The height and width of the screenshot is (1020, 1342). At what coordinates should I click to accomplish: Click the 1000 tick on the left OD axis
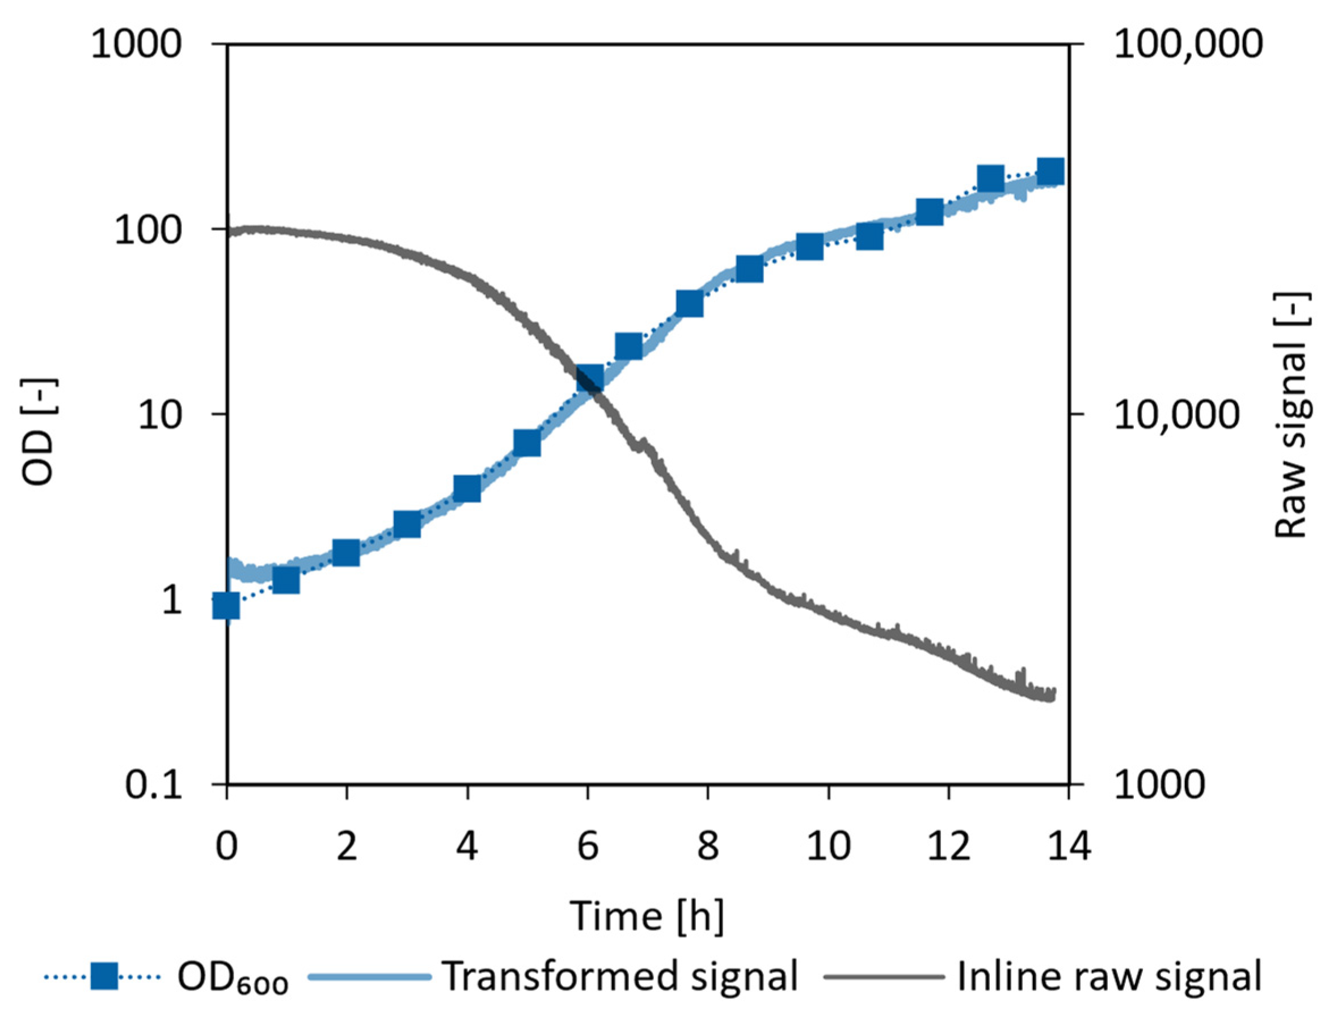[136, 44]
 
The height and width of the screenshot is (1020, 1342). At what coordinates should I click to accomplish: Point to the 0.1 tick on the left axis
[154, 785]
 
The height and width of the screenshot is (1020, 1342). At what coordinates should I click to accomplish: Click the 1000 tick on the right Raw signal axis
[1159, 785]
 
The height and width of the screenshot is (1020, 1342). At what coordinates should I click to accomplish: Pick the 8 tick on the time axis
[708, 846]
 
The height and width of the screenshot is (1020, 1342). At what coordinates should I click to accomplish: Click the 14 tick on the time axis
[1069, 846]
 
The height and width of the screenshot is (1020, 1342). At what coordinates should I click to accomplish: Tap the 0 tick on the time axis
[226, 846]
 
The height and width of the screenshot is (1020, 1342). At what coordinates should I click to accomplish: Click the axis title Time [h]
[647, 916]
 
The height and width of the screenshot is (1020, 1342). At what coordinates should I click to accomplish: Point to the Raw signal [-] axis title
[1292, 416]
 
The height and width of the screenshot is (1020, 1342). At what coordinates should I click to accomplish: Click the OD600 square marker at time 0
[226, 605]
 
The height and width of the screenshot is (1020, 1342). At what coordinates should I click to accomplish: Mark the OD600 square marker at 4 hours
[467, 488]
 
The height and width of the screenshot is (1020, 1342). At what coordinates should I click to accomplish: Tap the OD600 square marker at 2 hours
[346, 553]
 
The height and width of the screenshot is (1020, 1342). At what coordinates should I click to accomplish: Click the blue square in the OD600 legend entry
[104, 977]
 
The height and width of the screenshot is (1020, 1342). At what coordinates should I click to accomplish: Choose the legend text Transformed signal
[620, 977]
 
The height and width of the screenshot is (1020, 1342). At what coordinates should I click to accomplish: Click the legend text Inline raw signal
[1109, 977]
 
